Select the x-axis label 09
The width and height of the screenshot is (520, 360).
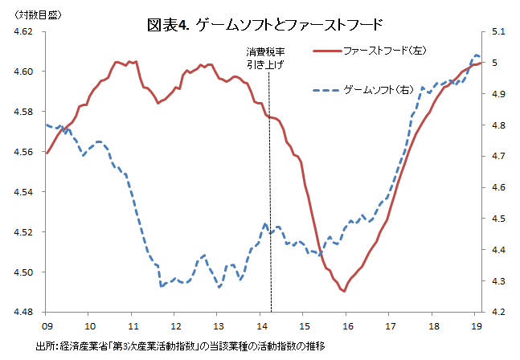pyautogui.click(x=47, y=325)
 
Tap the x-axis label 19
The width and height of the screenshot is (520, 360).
pyautogui.click(x=476, y=325)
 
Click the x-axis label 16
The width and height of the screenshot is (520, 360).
pyautogui.click(x=347, y=325)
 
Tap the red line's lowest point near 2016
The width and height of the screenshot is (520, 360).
pyautogui.click(x=344, y=292)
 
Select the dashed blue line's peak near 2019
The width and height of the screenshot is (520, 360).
pyautogui.click(x=475, y=55)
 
